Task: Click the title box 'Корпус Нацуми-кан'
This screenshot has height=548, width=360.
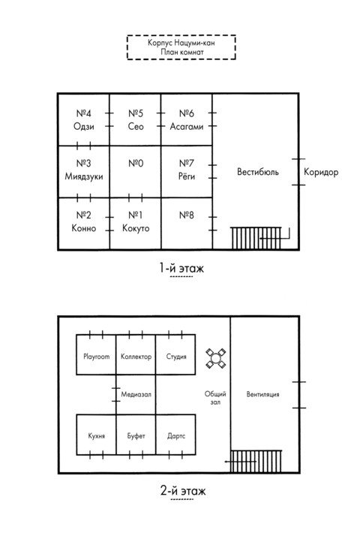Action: click(181, 47)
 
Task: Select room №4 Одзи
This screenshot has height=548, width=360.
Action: click(84, 119)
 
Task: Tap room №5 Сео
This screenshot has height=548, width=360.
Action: click(136, 119)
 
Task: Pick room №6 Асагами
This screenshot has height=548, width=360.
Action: click(187, 119)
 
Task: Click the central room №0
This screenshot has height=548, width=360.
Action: click(136, 172)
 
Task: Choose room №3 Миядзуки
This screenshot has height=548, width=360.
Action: click(84, 172)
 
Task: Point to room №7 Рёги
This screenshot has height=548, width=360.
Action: click(187, 172)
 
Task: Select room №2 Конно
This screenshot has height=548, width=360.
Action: click(84, 224)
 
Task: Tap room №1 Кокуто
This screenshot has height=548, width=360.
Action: click(136, 224)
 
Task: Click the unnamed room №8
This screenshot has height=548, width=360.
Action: click(187, 224)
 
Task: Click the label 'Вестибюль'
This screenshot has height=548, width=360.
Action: click(258, 172)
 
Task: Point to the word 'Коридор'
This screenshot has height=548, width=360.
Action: click(321, 172)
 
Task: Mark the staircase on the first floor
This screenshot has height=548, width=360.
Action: click(256, 238)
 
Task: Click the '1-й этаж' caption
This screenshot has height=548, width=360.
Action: click(181, 268)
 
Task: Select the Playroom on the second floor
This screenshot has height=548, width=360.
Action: click(96, 355)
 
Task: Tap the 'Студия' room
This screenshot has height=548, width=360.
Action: click(175, 355)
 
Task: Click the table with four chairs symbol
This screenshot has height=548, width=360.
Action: click(215, 358)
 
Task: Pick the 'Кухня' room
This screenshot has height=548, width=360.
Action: click(96, 435)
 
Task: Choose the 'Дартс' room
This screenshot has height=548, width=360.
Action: click(175, 435)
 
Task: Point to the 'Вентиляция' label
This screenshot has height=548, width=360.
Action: click(263, 395)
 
